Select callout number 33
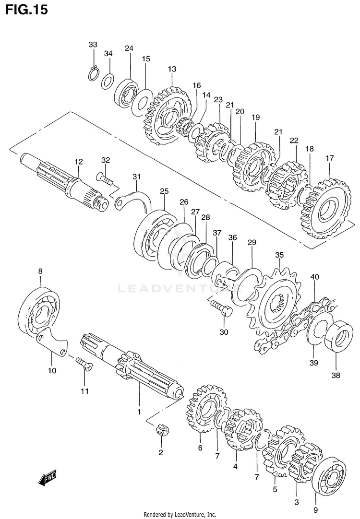(x=93, y=45)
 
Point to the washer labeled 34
(x=108, y=80)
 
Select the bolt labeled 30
(x=221, y=308)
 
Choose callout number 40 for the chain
(x=314, y=277)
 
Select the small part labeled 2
(x=162, y=430)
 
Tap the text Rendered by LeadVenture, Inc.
(x=180, y=514)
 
